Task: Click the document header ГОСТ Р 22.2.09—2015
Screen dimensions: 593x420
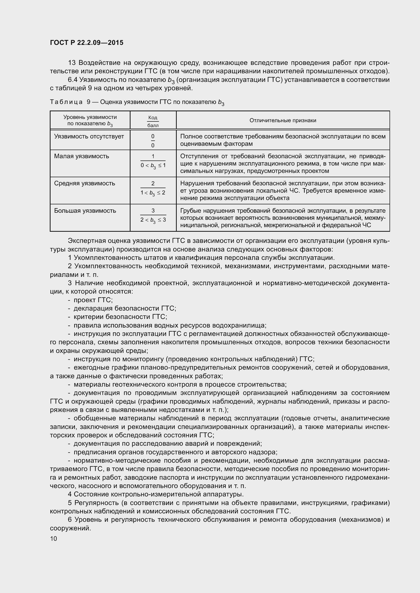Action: pos(87,43)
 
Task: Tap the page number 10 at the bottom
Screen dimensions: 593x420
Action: pos(54,538)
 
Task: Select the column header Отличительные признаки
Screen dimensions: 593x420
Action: pos(283,120)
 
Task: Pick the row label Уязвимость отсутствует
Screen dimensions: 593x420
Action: pos(89,136)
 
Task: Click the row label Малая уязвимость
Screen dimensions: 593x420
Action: pos(82,156)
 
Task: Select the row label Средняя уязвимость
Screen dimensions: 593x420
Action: pos(85,183)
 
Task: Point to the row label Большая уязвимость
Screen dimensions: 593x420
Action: pos(85,211)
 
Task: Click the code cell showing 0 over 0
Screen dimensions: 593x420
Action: pos(153,140)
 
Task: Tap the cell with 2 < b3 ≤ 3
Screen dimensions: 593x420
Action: pos(153,220)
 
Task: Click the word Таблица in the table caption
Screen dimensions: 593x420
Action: pos(66,102)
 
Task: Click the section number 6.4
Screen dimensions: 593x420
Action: pos(73,80)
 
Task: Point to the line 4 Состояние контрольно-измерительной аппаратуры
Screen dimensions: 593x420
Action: pos(156,494)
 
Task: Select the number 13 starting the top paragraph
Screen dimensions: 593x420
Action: pos(72,63)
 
